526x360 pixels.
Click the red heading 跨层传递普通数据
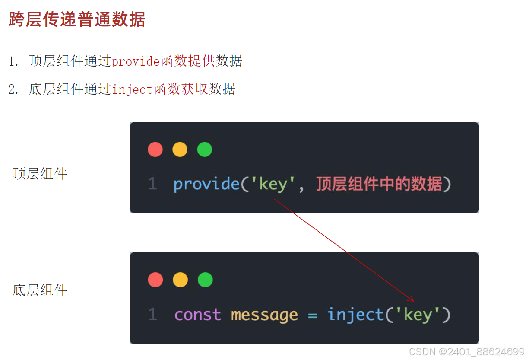pyautogui.click(x=77, y=20)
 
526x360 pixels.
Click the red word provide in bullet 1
pyautogui.click(x=136, y=61)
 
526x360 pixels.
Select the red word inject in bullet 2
pyautogui.click(x=132, y=89)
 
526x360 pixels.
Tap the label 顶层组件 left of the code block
pyautogui.click(x=40, y=174)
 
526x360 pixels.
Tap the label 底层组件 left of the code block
pyautogui.click(x=40, y=290)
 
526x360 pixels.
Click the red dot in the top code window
pyautogui.click(x=155, y=150)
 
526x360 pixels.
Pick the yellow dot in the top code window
pyautogui.click(x=180, y=150)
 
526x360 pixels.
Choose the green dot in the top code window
pyautogui.click(x=205, y=150)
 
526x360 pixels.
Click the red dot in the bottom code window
pyautogui.click(x=155, y=280)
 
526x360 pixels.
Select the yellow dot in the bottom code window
pyautogui.click(x=180, y=280)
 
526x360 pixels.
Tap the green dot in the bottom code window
pyautogui.click(x=205, y=280)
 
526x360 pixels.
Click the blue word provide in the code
pyautogui.click(x=206, y=185)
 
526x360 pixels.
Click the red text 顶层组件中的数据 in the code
pyautogui.click(x=379, y=185)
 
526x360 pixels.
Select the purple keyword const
pyautogui.click(x=197, y=315)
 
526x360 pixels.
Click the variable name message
pyautogui.click(x=264, y=315)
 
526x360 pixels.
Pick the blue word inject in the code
pyautogui.click(x=355, y=315)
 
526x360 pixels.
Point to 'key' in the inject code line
pyautogui.click(x=417, y=315)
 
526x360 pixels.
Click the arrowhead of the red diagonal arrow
pyautogui.click(x=412, y=300)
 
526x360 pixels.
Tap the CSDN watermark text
pyautogui.click(x=466, y=351)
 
